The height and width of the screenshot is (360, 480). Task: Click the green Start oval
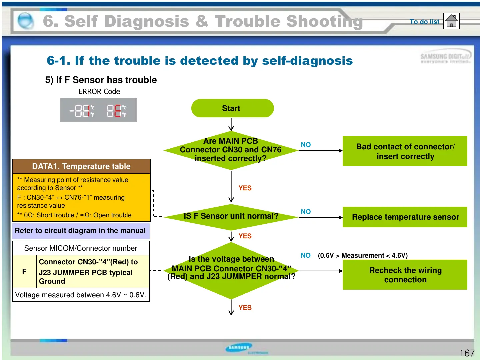(x=232, y=108)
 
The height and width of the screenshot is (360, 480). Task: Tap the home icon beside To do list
(x=451, y=21)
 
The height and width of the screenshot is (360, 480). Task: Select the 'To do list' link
(x=424, y=22)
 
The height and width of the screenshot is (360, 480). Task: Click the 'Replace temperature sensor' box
(x=405, y=217)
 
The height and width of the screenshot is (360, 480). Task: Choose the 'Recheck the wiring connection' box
(x=405, y=275)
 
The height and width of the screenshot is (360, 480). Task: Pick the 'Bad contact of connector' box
(x=405, y=151)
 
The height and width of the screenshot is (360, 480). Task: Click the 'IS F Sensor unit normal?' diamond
(x=231, y=216)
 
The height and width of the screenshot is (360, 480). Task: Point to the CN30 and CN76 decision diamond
(x=231, y=150)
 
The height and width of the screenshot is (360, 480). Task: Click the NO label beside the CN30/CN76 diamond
(x=306, y=145)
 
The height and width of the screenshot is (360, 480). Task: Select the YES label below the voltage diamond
(x=245, y=308)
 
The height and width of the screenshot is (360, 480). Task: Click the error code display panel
(x=99, y=110)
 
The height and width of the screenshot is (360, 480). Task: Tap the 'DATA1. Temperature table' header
(x=81, y=166)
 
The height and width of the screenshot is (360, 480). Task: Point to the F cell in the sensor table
(x=24, y=271)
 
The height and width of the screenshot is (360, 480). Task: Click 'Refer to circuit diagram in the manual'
(x=80, y=231)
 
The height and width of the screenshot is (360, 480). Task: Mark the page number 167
(x=467, y=353)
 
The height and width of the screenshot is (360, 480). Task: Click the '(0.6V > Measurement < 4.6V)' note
(x=363, y=256)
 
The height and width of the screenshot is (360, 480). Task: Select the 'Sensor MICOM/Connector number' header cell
(x=81, y=248)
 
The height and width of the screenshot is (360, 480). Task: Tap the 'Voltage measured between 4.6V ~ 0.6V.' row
(x=81, y=295)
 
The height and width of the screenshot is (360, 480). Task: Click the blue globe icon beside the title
(x=26, y=21)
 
